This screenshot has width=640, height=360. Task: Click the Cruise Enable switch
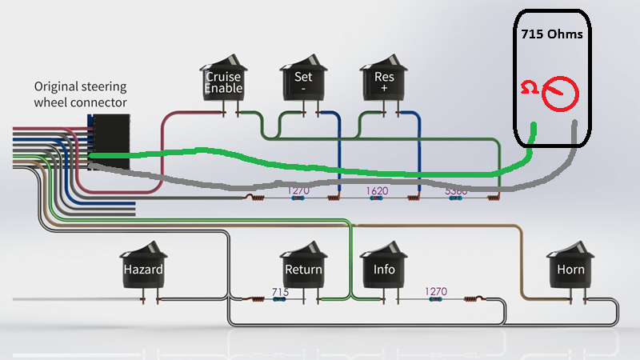223,78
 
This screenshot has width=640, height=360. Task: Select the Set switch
303,78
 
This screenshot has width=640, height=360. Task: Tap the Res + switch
383,78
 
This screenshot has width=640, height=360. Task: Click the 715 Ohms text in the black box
552,34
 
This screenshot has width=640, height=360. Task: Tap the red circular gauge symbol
560,94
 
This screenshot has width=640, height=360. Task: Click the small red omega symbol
530,87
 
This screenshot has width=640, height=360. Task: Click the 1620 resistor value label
377,190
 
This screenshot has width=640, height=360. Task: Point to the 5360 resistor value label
456,191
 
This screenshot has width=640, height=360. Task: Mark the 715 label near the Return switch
281,292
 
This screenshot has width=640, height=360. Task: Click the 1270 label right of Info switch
436,291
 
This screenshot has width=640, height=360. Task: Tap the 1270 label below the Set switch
298,190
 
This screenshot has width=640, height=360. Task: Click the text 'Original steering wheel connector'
81,94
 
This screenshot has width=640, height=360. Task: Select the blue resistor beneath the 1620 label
376,198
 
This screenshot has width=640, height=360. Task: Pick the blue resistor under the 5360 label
455,198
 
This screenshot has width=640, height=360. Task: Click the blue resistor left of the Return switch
279,299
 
